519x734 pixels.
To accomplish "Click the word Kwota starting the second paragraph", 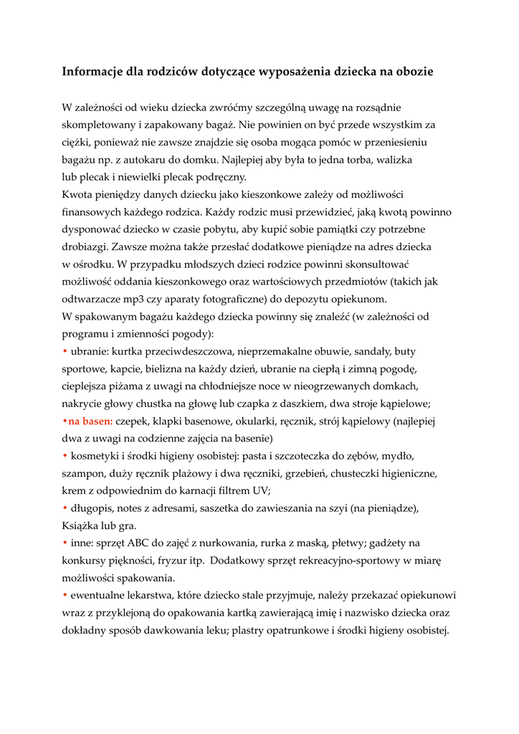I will click(77, 194).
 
